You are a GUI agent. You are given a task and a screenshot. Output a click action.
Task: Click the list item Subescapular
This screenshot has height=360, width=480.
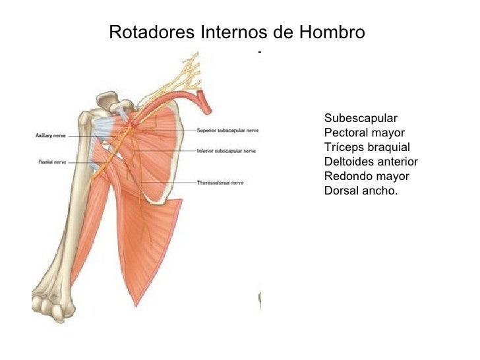tap(361, 119)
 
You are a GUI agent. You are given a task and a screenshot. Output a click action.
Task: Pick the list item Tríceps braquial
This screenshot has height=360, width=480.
tap(367, 148)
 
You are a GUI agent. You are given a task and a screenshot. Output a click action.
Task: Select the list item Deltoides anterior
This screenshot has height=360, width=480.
tap(371, 162)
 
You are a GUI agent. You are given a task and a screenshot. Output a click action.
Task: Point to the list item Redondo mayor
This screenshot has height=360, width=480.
tap(367, 177)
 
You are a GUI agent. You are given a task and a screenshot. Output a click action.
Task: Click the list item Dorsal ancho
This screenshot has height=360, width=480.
tap(361, 191)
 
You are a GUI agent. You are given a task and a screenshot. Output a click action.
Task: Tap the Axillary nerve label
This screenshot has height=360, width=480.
tap(49, 136)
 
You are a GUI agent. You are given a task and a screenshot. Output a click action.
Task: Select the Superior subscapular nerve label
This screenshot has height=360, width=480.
tap(227, 130)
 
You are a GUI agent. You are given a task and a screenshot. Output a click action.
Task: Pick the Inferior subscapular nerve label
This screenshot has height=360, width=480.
tap(226, 151)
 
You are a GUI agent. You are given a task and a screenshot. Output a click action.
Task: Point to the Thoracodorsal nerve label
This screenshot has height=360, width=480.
tap(220, 182)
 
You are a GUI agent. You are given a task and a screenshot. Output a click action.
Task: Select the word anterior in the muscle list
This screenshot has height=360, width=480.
tap(397, 162)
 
